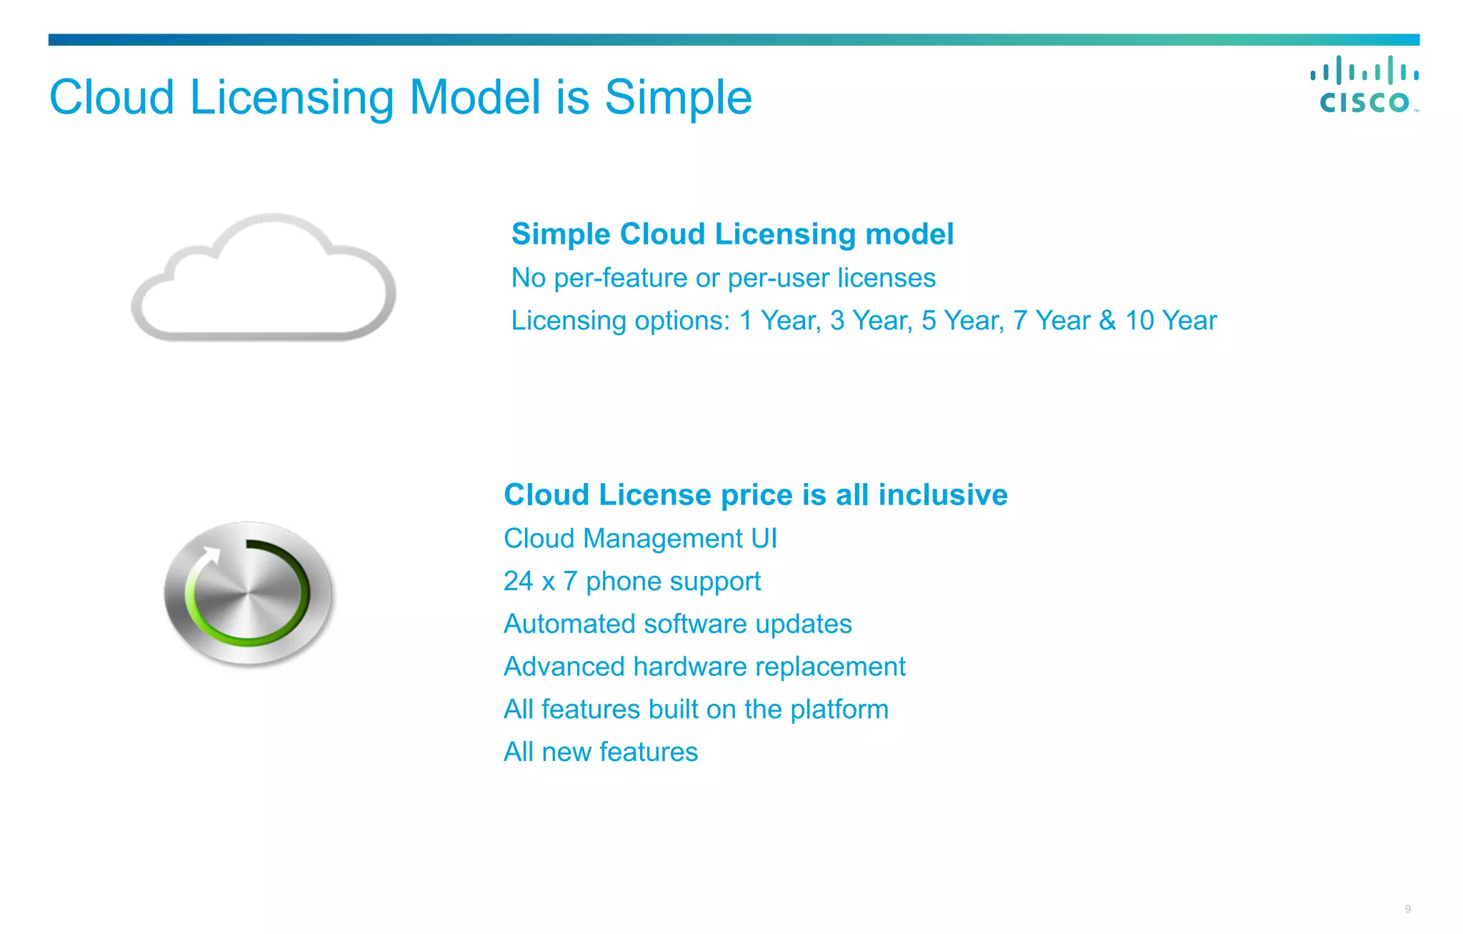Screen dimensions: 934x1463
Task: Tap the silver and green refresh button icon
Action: pyautogui.click(x=249, y=593)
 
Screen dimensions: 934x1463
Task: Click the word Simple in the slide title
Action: pyautogui.click(x=678, y=97)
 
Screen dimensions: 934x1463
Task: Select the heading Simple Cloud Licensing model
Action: pyautogui.click(x=732, y=234)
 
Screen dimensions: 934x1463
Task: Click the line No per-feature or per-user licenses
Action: pyautogui.click(x=723, y=278)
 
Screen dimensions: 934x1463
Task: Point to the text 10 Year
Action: pyautogui.click(x=1170, y=321)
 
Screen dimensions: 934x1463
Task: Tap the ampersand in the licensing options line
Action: pyautogui.click(x=1107, y=321)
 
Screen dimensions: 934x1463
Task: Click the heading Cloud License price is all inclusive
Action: pyautogui.click(x=755, y=495)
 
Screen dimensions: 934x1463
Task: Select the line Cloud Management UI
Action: pyautogui.click(x=640, y=538)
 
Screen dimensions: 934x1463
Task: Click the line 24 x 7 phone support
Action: pyautogui.click(x=631, y=581)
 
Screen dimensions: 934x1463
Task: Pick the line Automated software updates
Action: pyautogui.click(x=677, y=624)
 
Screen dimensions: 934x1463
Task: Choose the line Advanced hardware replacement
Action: pyautogui.click(x=704, y=667)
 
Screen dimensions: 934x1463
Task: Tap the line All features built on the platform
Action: pyautogui.click(x=696, y=710)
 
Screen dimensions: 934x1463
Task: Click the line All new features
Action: pyautogui.click(x=600, y=752)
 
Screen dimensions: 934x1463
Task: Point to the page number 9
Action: pyautogui.click(x=1407, y=909)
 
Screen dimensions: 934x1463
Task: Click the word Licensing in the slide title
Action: pyautogui.click(x=291, y=97)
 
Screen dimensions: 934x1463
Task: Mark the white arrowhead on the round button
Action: pyautogui.click(x=211, y=555)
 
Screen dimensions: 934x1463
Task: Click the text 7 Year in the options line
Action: pyautogui.click(x=1053, y=321)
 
